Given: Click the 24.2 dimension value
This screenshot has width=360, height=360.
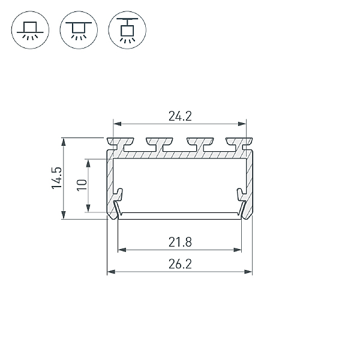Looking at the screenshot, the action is click(180, 116).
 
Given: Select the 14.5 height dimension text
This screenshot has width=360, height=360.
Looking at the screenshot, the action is click(57, 178).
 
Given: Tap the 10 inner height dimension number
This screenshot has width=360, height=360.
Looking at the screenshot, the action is click(82, 185).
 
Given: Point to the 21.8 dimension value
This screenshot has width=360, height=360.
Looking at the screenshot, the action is click(180, 242).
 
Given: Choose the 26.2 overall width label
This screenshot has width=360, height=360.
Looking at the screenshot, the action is click(180, 264).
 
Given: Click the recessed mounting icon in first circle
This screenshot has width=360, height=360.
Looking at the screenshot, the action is click(30, 30).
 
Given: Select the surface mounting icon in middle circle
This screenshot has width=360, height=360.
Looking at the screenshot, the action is click(79, 30).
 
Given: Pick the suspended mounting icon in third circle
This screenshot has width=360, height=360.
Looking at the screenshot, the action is click(127, 30).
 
